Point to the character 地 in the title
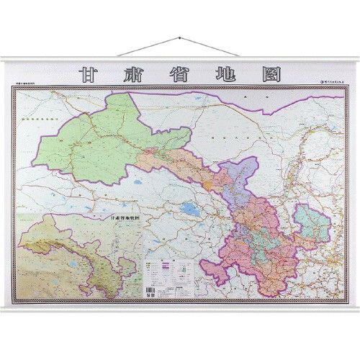click(x=224, y=74)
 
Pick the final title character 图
click(x=269, y=74)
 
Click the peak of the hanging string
click(x=179, y=36)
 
